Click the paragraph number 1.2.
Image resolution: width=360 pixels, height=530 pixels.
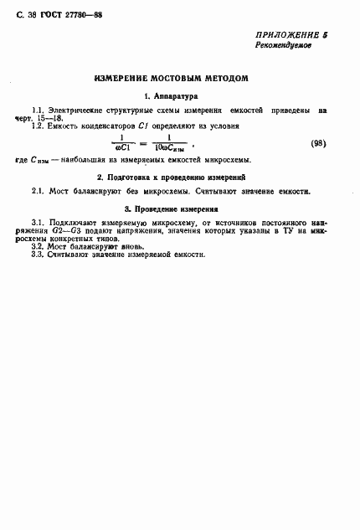coord(39,125)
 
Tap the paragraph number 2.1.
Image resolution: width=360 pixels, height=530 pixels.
coord(38,191)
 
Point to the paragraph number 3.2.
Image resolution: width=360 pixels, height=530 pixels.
coord(38,248)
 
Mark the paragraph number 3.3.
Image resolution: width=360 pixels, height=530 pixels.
coord(38,255)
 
